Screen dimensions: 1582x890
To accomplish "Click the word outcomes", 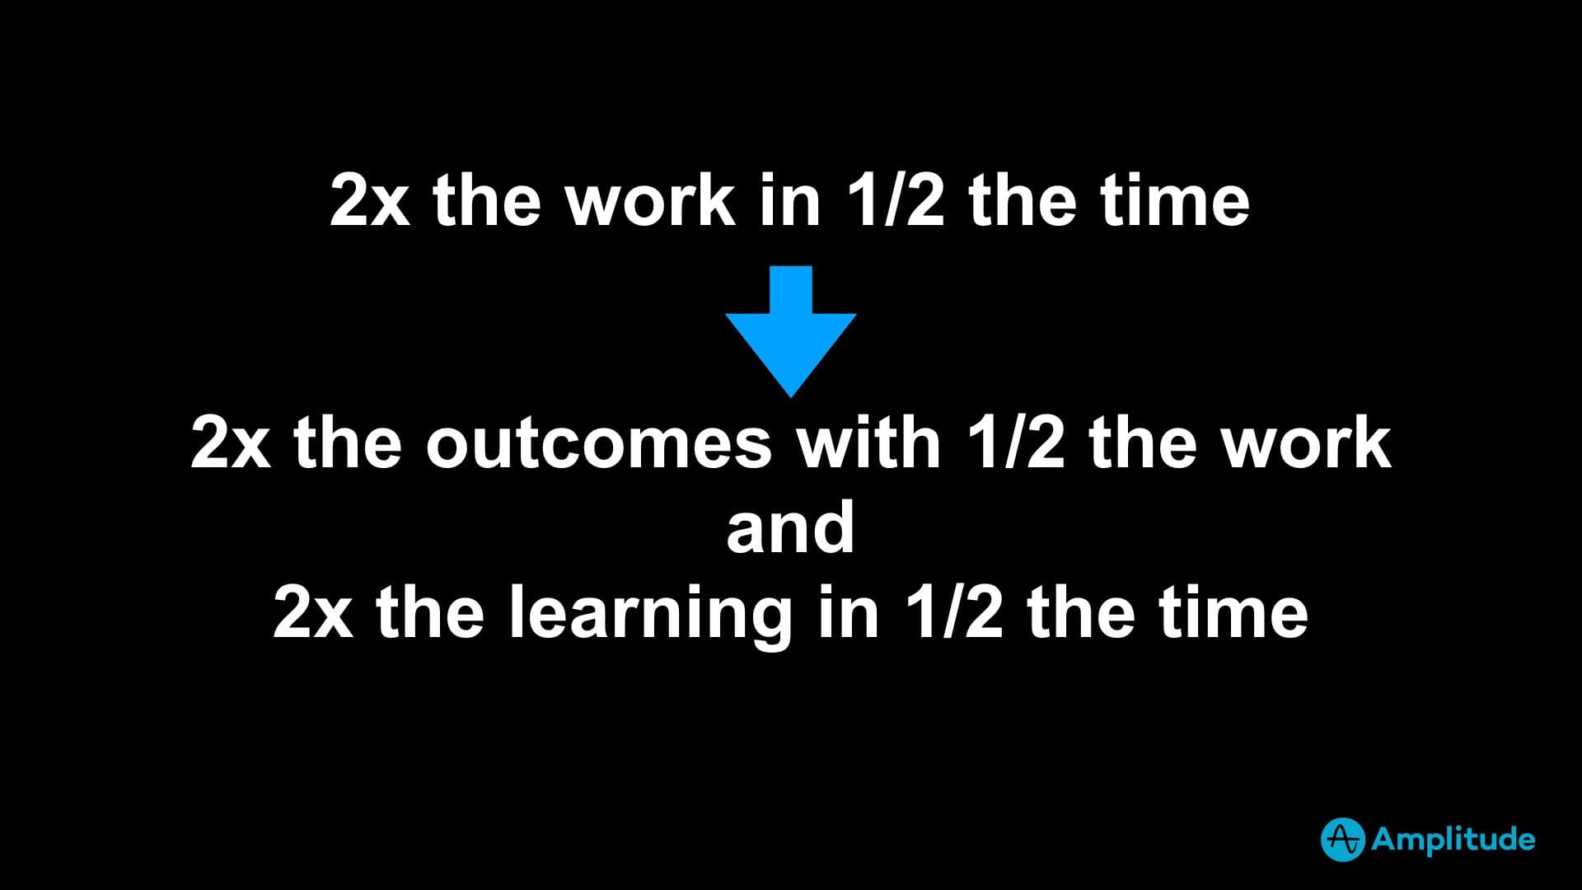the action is (x=598, y=444).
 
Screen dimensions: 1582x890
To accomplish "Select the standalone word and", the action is (x=790, y=527).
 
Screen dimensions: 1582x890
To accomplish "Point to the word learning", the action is (x=650, y=614).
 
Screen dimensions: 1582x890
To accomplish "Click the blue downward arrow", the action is (x=791, y=331).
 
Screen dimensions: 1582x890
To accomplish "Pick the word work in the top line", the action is (x=650, y=200).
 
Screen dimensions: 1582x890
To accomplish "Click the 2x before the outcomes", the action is (x=231, y=444).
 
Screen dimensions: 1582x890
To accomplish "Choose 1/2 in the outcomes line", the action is (x=1015, y=443).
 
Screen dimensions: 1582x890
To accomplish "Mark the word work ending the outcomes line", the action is (x=1306, y=443).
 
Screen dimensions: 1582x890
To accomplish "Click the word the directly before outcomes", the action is (x=348, y=443).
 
